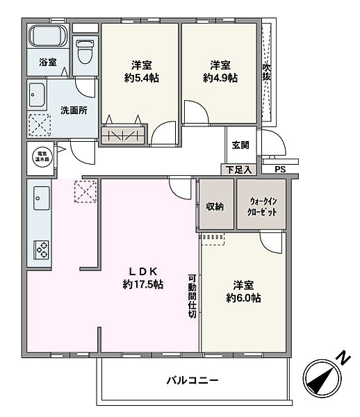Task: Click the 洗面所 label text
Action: coord(74,111)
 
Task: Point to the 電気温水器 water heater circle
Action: coord(40,155)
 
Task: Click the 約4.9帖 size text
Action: coord(221,78)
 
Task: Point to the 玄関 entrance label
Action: coord(240,145)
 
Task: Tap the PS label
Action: coord(279,169)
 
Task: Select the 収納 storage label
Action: coord(215,206)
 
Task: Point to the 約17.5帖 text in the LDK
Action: coord(143,284)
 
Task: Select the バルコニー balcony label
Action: coord(193,381)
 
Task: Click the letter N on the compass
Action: coord(342,358)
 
